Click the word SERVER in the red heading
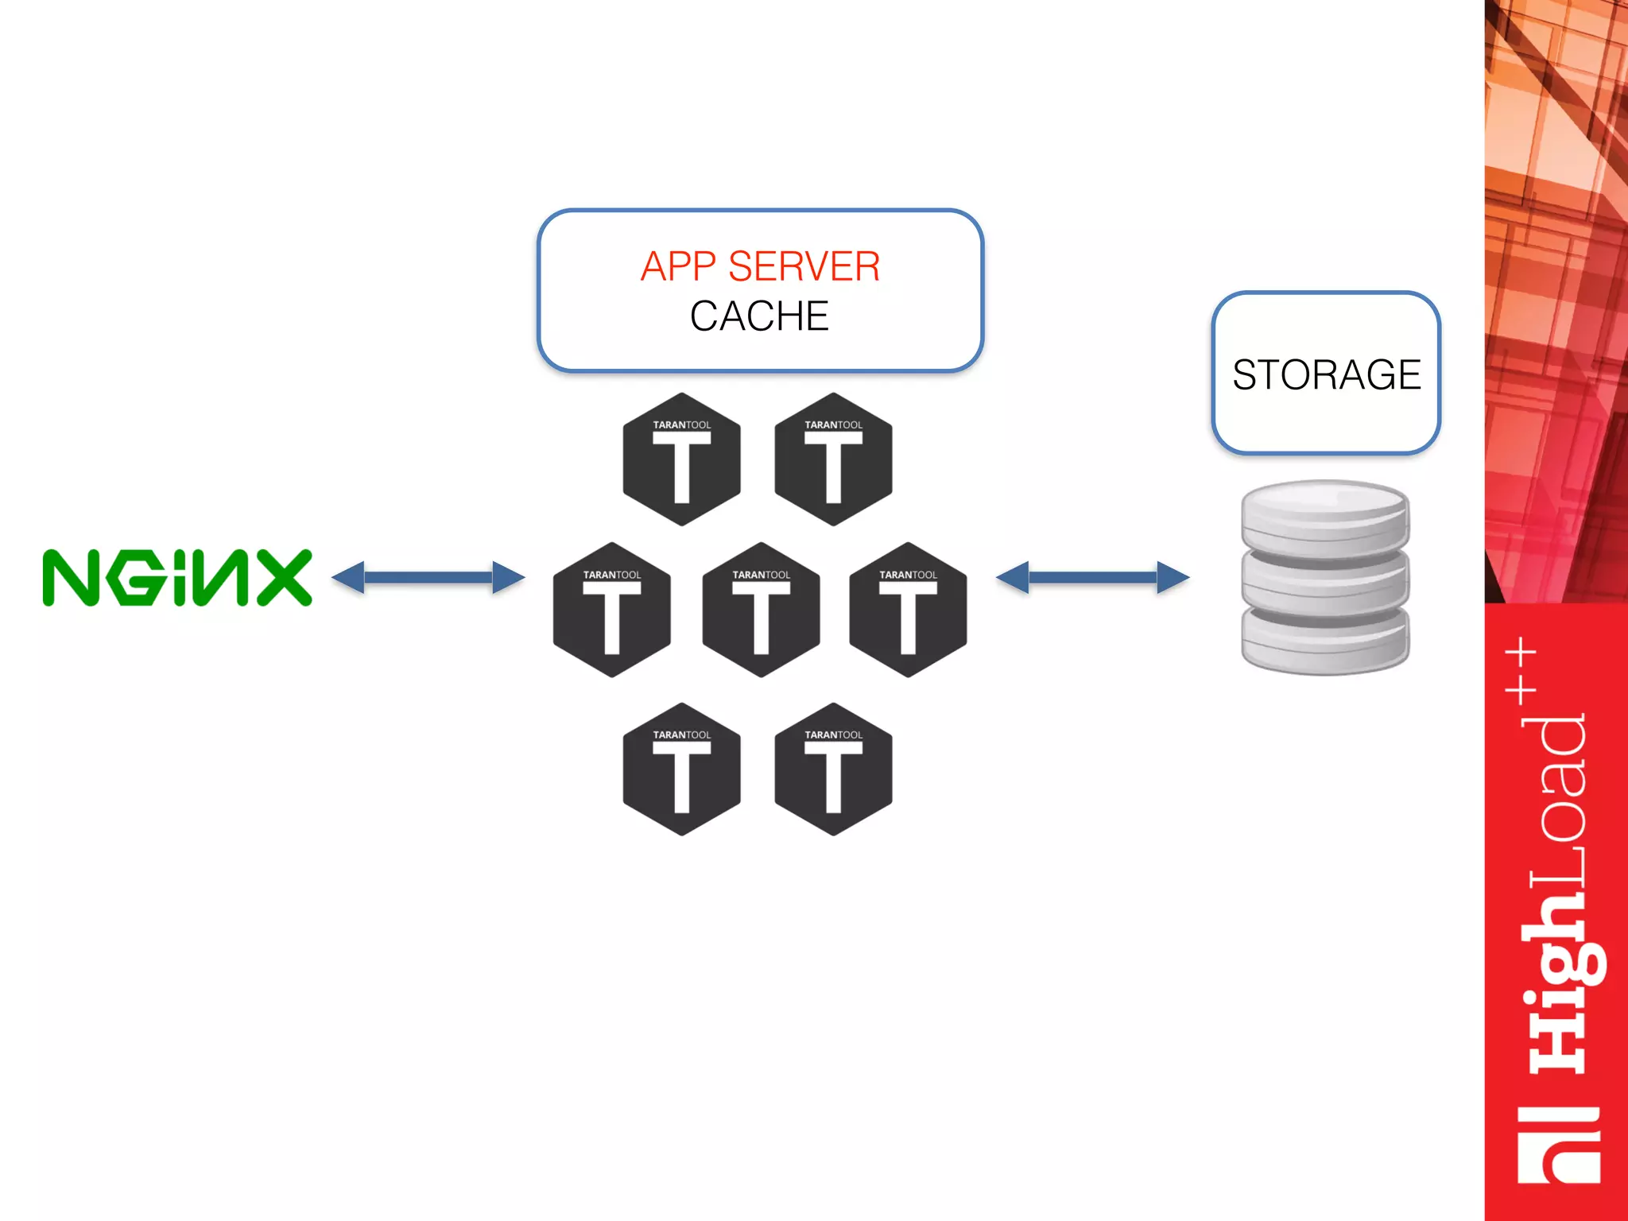point(804,266)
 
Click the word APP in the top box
point(677,266)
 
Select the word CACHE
point(759,316)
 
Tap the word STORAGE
point(1326,374)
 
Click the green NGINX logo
point(176,578)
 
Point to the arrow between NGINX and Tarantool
point(428,577)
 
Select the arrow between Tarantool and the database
point(1092,577)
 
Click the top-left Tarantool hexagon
point(681,459)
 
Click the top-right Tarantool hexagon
point(833,459)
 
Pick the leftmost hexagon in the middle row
point(611,610)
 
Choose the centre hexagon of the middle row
point(761,610)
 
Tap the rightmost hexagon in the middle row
point(908,610)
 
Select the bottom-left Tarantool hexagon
point(681,769)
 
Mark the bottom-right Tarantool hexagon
point(833,769)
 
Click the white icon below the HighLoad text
point(1558,1145)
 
